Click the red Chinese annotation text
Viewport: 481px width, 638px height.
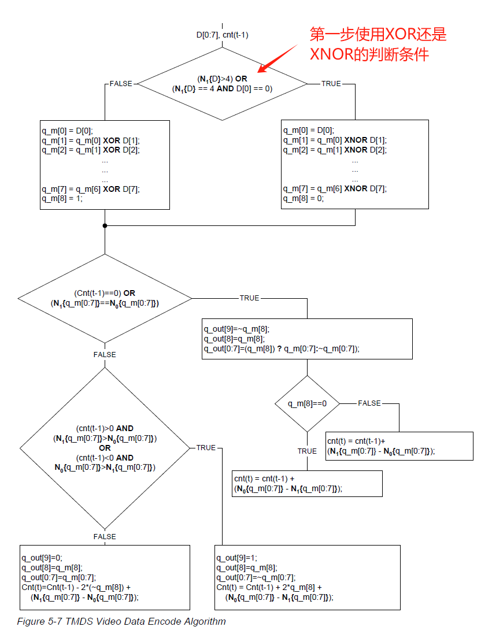click(x=378, y=44)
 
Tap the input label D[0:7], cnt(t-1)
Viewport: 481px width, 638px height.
click(x=223, y=35)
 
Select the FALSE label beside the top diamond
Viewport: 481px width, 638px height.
click(x=121, y=84)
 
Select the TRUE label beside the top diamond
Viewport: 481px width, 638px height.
click(x=331, y=84)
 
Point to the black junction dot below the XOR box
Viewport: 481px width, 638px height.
click(x=105, y=225)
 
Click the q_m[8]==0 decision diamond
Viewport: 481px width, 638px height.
click(x=307, y=403)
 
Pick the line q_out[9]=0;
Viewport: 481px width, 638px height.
click(x=42, y=558)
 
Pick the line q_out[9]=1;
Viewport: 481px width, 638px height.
click(x=236, y=558)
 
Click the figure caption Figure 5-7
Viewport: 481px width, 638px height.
click(x=121, y=622)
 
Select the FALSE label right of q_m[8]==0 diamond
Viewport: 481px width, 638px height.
click(x=369, y=403)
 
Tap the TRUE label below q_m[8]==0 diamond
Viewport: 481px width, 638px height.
click(x=307, y=451)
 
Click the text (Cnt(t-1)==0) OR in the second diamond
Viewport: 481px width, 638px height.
click(x=105, y=293)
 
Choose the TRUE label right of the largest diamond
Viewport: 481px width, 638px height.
click(x=206, y=448)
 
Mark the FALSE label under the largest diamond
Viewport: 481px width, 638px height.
click(x=105, y=536)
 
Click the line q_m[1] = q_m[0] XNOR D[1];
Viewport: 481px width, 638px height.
click(x=335, y=140)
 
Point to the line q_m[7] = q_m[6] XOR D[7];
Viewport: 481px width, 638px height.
click(x=91, y=189)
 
